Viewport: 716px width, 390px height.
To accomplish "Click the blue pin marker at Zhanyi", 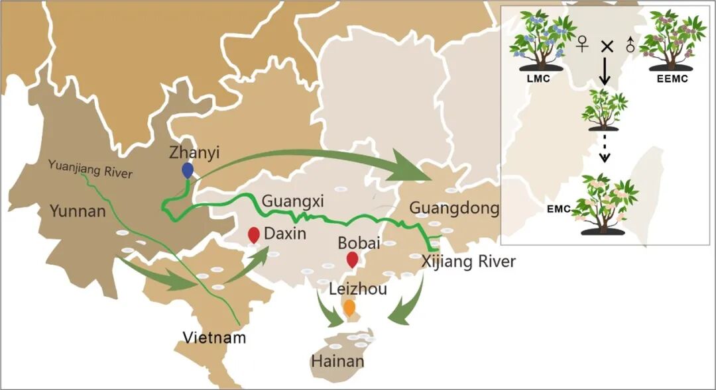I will point(188,170).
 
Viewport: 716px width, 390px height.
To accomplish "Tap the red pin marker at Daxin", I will point(253,234).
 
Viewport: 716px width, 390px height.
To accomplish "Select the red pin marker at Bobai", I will point(352,259).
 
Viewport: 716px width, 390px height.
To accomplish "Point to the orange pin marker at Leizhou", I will point(349,307).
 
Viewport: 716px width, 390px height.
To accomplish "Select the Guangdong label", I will point(454,209).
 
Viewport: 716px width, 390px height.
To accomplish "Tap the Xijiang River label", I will point(468,262).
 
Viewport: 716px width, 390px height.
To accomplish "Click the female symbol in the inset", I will point(582,45).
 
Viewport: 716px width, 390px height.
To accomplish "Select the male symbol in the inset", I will point(629,45).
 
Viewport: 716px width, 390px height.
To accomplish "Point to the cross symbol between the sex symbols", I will point(605,46).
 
